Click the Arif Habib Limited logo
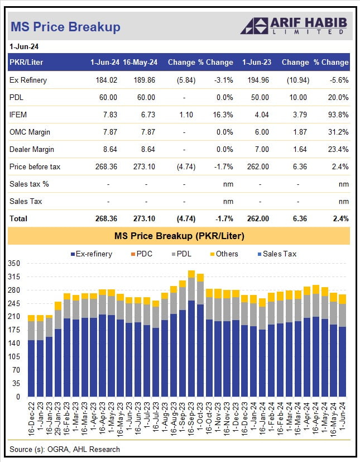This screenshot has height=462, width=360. pyautogui.click(x=293, y=26)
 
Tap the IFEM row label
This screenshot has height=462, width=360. pyautogui.click(x=19, y=115)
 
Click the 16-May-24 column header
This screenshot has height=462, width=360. pyautogui.click(x=140, y=63)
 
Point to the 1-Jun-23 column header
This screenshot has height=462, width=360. pyautogui.click(x=256, y=63)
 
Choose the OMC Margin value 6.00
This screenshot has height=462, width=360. pyautogui.click(x=261, y=132)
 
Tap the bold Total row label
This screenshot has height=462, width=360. pyautogui.click(x=18, y=218)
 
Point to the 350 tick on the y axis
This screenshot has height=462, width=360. pyautogui.click(x=15, y=264)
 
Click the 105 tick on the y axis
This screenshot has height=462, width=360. pyautogui.click(x=15, y=357)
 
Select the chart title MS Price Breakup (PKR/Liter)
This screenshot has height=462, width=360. pyautogui.click(x=179, y=236)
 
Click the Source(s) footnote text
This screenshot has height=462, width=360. pyautogui.click(x=65, y=449)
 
